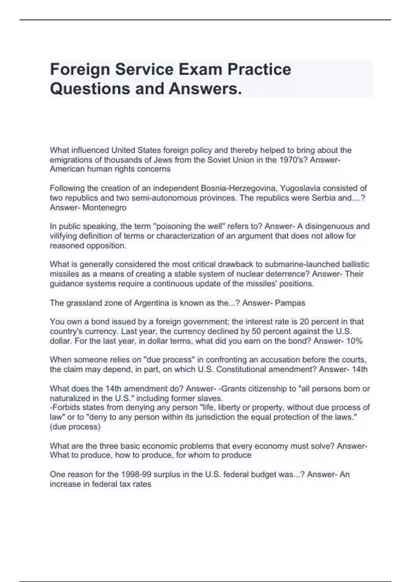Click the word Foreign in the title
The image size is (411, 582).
pos(80,69)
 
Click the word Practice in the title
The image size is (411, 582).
pos(259,69)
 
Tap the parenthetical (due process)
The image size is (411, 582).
pos(75,427)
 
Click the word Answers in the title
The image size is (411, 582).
pos(205,89)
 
